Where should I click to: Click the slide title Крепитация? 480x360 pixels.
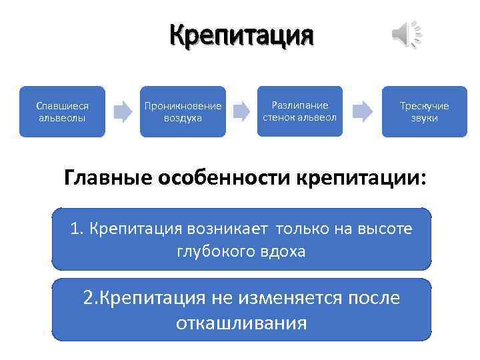[241, 34]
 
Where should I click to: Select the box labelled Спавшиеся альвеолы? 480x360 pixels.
[62, 111]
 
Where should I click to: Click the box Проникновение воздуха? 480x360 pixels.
[183, 111]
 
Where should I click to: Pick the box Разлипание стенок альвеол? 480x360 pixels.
[299, 111]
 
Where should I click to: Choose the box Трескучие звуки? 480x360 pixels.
[424, 111]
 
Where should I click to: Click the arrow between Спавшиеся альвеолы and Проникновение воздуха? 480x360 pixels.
[123, 111]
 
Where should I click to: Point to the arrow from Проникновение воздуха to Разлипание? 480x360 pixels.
[241, 111]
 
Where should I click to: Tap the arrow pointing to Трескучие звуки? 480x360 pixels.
[362, 111]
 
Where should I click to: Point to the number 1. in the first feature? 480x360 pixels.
[77, 229]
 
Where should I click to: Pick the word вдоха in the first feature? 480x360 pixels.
[281, 251]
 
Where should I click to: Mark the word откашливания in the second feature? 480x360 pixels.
[241, 323]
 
